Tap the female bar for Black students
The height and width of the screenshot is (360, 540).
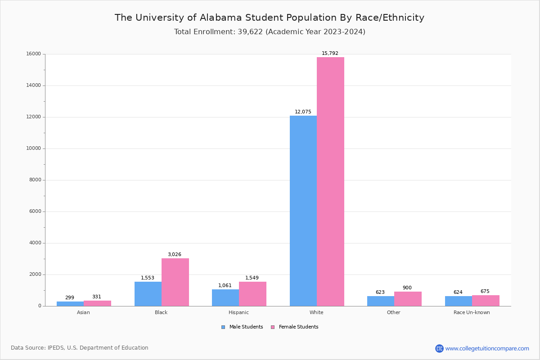(175, 282)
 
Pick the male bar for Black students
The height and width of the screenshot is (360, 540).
(148, 294)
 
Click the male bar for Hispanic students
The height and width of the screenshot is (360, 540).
(225, 297)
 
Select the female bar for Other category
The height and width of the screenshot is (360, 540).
(408, 299)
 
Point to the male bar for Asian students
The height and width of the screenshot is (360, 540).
(70, 304)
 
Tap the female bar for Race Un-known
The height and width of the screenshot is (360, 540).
(486, 301)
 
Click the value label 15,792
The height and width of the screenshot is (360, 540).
(330, 54)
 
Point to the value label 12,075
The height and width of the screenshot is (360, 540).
(303, 112)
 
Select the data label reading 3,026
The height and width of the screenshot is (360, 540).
(175, 255)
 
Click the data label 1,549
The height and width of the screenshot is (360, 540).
(252, 278)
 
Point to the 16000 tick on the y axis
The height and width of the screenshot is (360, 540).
(34, 54)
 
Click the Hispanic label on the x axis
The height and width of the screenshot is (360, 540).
(238, 312)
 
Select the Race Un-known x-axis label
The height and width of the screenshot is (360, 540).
(472, 312)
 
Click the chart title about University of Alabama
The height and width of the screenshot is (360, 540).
(270, 18)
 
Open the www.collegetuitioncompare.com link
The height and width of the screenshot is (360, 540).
(487, 348)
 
